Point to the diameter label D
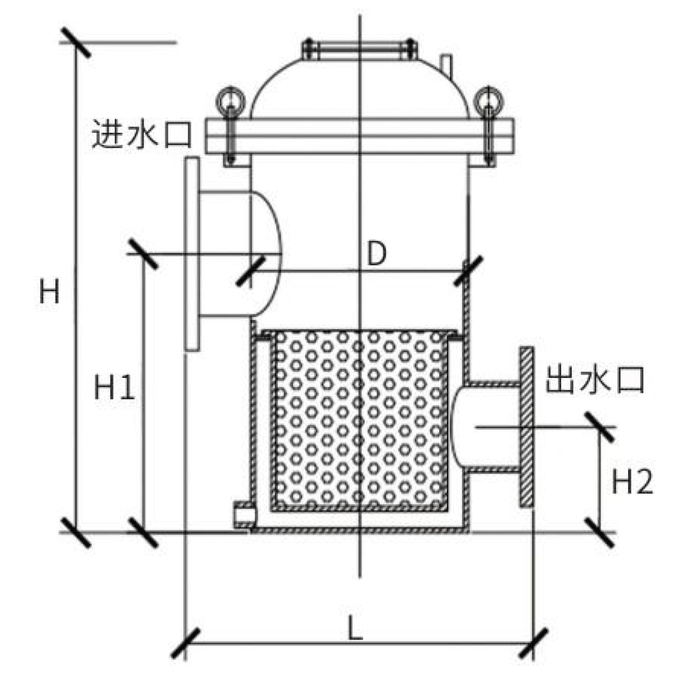pos(376,255)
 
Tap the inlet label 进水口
pos(141,136)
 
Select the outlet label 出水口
pos(594,380)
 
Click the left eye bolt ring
pos(230,101)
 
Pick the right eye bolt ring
pos(488,101)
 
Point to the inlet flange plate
pos(192,253)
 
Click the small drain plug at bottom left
pos(244,514)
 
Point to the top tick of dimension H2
pos(601,427)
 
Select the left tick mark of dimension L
pos(186,644)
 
